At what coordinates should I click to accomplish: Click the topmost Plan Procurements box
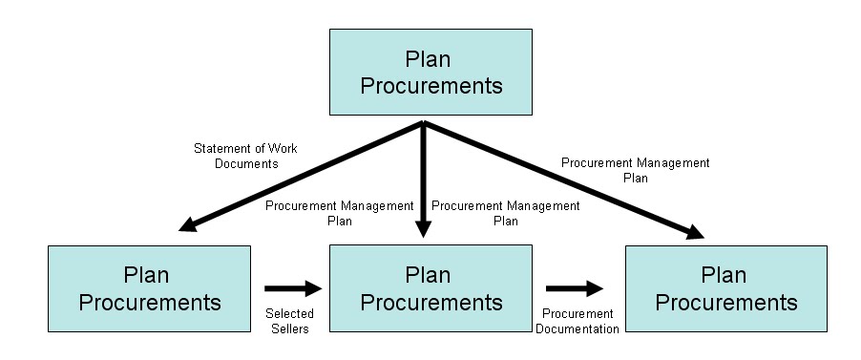coord(430,72)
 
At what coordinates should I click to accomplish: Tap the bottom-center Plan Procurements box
coord(430,288)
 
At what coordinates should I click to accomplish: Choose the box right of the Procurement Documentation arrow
coord(725,288)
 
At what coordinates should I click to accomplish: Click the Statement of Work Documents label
coord(235,156)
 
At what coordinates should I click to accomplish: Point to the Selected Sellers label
coord(290,322)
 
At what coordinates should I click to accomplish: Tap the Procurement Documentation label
coord(577,322)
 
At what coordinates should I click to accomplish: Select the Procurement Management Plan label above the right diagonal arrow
coord(635,170)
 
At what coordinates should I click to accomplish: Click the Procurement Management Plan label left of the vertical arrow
coord(340,213)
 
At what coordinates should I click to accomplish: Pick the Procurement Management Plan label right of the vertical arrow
coord(505,213)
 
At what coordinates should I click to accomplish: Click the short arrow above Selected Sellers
coord(289,286)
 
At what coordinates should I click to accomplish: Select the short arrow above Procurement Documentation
coord(576,286)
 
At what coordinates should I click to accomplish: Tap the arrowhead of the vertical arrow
coord(424,229)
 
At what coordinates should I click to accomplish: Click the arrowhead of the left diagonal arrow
coord(187,224)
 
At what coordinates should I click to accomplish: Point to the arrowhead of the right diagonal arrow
coord(695,232)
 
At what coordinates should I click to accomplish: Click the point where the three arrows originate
coord(424,123)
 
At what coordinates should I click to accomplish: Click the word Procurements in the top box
coord(430,85)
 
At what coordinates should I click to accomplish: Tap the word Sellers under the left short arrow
coord(290,329)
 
